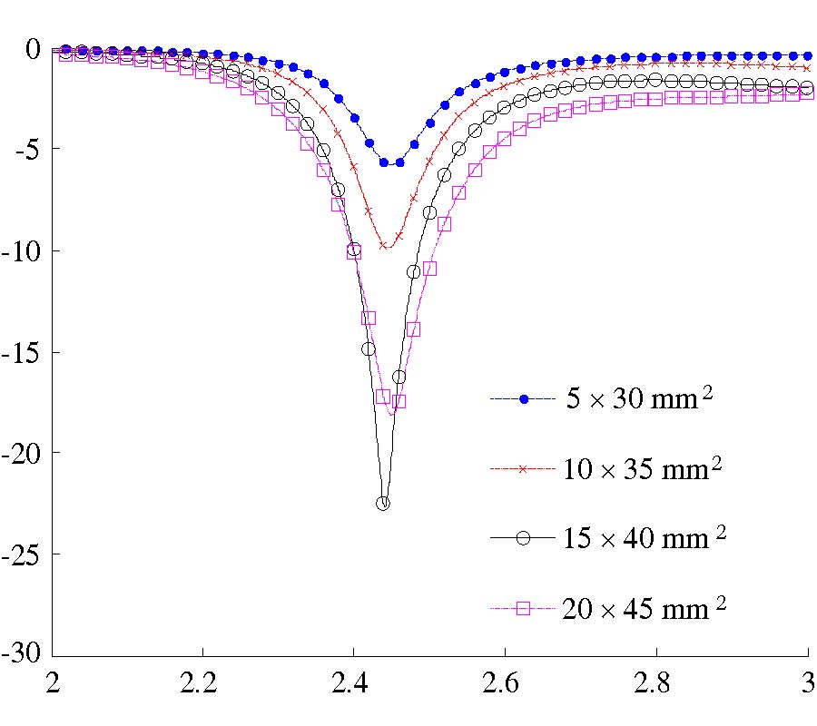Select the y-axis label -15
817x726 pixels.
(x=22, y=352)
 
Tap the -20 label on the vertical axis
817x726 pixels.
(x=22, y=453)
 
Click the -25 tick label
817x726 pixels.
(x=22, y=554)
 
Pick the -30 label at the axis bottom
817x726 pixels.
(x=22, y=654)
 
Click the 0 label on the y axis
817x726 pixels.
(x=33, y=48)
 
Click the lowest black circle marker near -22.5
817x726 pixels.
(x=383, y=504)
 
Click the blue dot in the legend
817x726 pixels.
(x=524, y=400)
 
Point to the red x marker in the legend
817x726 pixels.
(x=522, y=469)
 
